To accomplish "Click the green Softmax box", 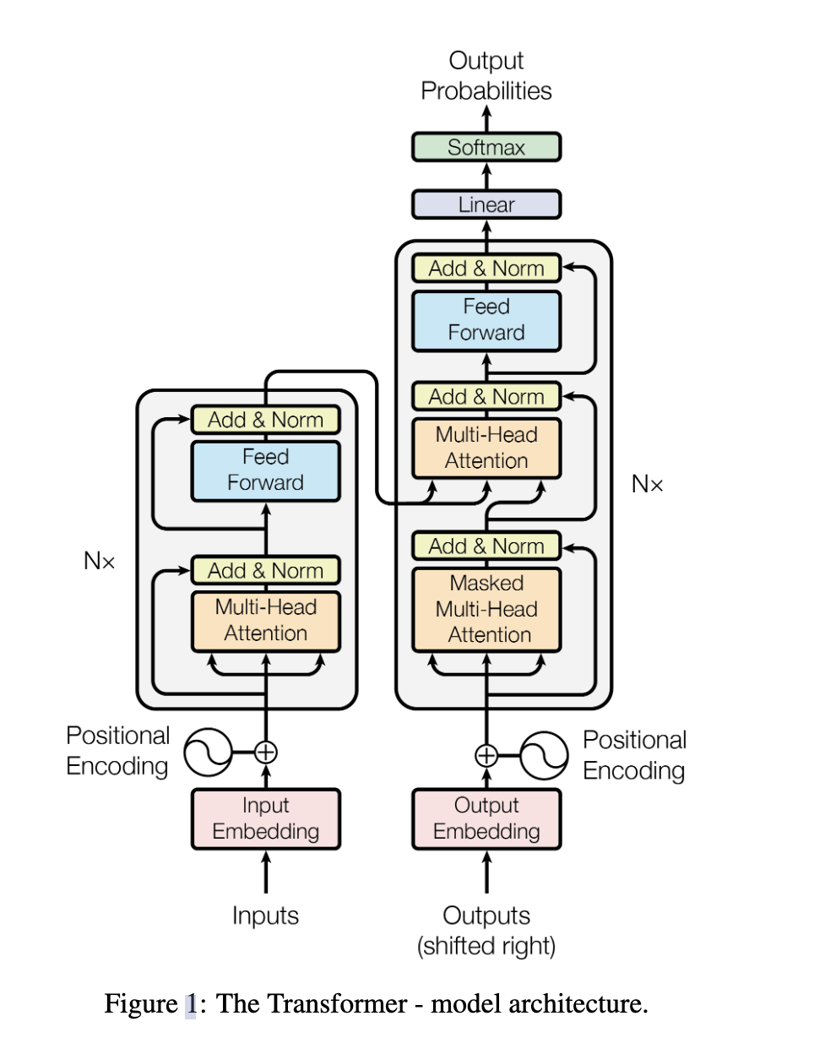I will tap(486, 147).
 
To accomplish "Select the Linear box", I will tap(486, 204).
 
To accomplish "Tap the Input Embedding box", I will tap(266, 818).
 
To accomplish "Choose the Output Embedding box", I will tap(486, 818).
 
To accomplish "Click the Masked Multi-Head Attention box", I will tap(486, 609).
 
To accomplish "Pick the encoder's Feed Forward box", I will tap(266, 470).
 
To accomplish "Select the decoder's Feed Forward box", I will tap(486, 320).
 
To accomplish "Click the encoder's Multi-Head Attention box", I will tap(266, 621).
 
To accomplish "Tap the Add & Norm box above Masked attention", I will tap(486, 546).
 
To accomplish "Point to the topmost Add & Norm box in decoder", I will tap(486, 269).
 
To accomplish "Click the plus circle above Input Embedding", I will tap(266, 752).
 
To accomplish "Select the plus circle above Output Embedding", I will tap(486, 755).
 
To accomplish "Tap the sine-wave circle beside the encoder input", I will tap(208, 752).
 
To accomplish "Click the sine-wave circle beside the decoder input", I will tap(544, 755).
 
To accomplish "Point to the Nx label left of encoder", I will tap(100, 561).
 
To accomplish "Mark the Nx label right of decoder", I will tap(648, 484).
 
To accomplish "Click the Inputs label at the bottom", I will tap(265, 915).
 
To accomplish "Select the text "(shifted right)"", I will tap(486, 946).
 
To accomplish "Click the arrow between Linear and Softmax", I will tap(486, 176).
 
